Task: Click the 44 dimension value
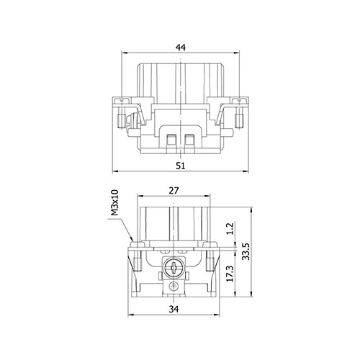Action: (x=181, y=48)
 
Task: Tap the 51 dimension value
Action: (x=181, y=166)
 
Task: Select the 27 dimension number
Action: (x=174, y=191)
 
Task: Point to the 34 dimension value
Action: (x=174, y=309)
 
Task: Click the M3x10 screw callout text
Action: (x=115, y=202)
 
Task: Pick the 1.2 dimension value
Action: (x=230, y=228)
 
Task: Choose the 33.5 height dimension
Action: (x=246, y=251)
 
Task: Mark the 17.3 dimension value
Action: (x=230, y=274)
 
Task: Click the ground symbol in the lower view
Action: (x=174, y=286)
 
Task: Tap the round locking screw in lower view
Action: (x=174, y=267)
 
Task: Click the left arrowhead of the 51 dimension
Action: (x=115, y=171)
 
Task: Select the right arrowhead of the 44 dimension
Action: (x=236, y=53)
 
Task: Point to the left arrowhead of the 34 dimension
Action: (x=131, y=315)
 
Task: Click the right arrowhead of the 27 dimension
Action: (x=207, y=197)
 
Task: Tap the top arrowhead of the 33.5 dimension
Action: (x=251, y=210)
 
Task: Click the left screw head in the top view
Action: (x=122, y=100)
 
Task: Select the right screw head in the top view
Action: (x=239, y=100)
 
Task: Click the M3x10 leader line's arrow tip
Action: (x=132, y=241)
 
